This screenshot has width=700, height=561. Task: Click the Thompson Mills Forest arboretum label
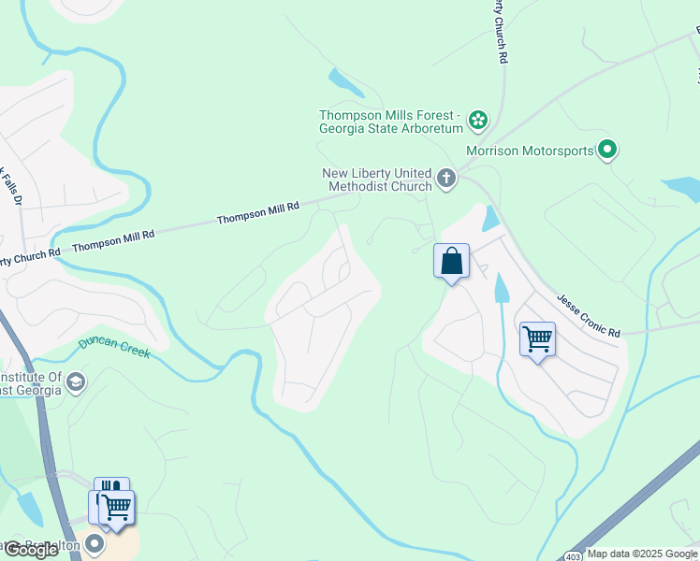(391, 122)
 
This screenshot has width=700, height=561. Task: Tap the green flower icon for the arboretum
(478, 119)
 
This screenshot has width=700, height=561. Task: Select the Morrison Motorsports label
(530, 150)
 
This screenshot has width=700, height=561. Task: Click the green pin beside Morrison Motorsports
(607, 149)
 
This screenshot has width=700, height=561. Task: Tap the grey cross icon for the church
(446, 178)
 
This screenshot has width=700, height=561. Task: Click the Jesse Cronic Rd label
(589, 316)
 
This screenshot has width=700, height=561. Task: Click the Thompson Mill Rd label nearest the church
(257, 212)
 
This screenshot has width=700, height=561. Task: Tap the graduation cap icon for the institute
(76, 381)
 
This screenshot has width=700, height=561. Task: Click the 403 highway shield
(572, 555)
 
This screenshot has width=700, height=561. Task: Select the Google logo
(31, 550)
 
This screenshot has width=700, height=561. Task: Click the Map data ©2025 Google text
(642, 554)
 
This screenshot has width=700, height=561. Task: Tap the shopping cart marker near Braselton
(116, 508)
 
